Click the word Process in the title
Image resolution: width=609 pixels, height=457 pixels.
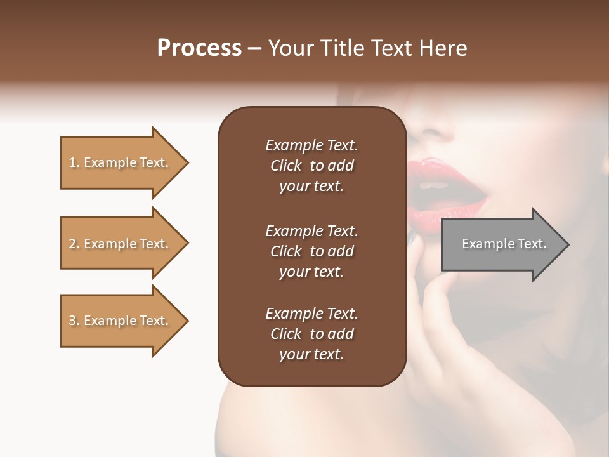[199, 48]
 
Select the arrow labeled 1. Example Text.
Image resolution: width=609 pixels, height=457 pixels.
[121, 162]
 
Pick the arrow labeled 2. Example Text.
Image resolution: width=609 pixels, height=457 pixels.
[121, 244]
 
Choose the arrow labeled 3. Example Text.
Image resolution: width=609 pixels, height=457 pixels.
[121, 321]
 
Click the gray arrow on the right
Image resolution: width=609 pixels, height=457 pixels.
[501, 244]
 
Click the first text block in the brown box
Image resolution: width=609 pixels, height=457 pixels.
[311, 166]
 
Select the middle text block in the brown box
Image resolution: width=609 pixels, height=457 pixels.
[311, 251]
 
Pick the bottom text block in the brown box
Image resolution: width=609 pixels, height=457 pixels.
[311, 334]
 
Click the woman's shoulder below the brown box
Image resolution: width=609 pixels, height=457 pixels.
[298, 419]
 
